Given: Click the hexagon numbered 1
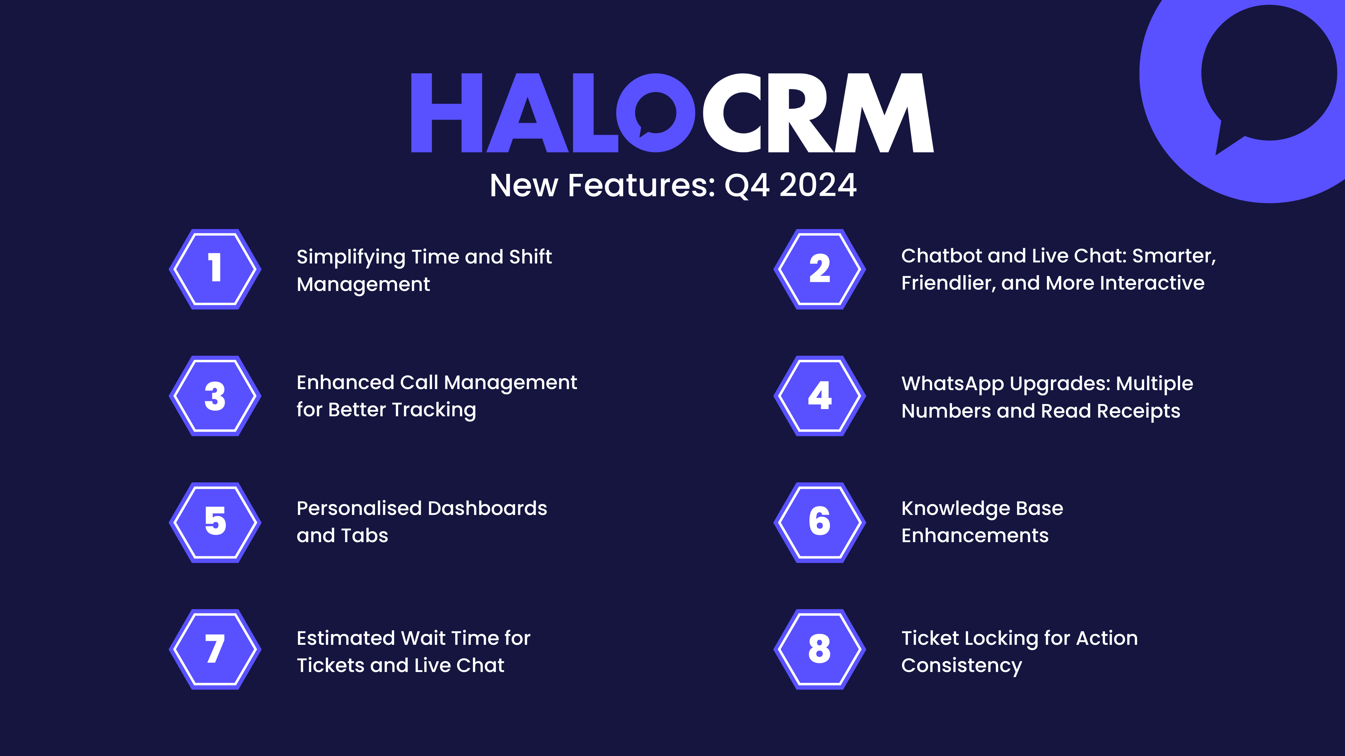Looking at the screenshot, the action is pos(215,269).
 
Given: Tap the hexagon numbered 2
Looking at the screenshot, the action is pos(820,269).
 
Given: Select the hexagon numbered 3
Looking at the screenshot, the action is pos(215,396).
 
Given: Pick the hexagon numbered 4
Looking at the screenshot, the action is pos(820,396).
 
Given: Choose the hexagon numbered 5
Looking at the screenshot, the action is pos(215,522).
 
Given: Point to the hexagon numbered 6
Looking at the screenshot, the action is pos(820,522).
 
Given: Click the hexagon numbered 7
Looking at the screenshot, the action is pos(215,649).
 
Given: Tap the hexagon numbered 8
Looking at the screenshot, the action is pos(820,649).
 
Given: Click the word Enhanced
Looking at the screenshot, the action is pos(345,382).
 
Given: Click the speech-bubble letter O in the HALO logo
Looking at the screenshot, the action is pos(656,113).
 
